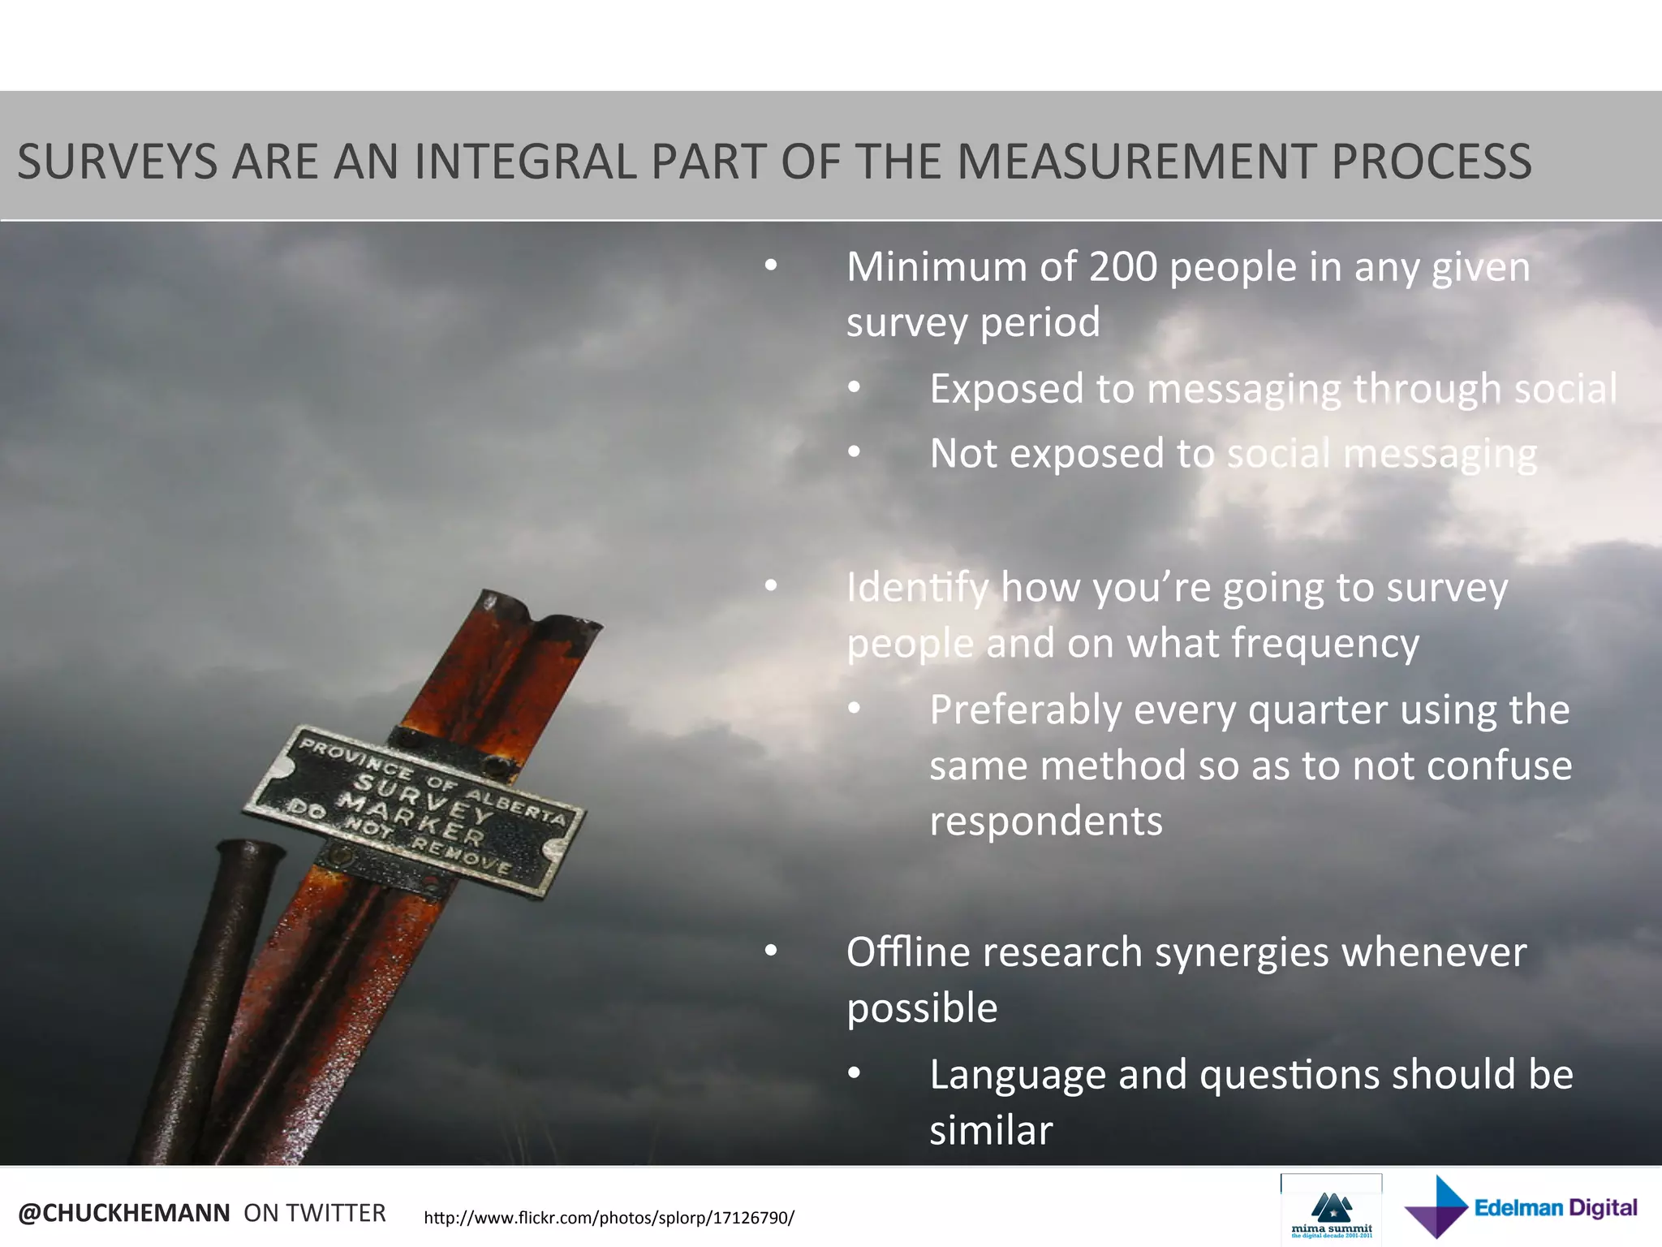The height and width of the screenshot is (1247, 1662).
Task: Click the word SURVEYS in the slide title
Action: click(x=118, y=162)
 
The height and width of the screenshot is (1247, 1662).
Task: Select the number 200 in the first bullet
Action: click(x=1122, y=267)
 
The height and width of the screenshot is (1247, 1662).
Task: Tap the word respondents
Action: click(x=1045, y=822)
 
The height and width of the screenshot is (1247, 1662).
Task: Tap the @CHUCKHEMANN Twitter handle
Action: click(x=124, y=1213)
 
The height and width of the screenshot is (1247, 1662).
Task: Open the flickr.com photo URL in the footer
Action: click(x=609, y=1218)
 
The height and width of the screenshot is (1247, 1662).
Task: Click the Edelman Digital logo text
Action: click(x=1555, y=1208)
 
